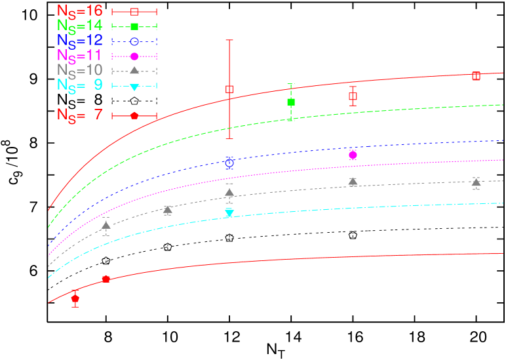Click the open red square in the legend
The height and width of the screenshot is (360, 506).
point(134,12)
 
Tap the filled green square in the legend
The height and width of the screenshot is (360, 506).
point(134,26)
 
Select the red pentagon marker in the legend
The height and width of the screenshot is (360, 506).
point(134,115)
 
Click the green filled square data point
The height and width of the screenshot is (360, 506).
point(291,102)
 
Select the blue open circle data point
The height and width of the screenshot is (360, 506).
point(229,163)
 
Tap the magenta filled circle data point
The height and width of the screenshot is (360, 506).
point(353,155)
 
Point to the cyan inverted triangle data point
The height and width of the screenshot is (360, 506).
point(229,212)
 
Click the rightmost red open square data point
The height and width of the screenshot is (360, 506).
point(476,76)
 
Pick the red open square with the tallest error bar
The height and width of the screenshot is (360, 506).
point(229,89)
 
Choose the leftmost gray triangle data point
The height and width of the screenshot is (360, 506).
point(106,226)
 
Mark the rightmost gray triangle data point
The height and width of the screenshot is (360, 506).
point(476,182)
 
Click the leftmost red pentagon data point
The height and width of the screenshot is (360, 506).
point(75,298)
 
